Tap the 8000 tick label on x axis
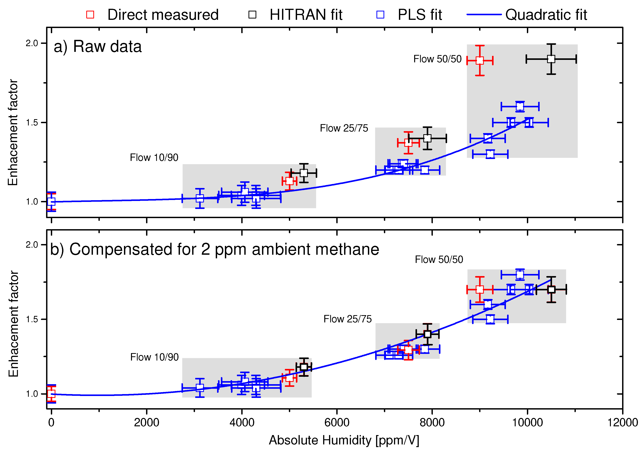[x=432, y=422]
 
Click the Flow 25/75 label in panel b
[x=347, y=319]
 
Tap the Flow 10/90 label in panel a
[x=154, y=157]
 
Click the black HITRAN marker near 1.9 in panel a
[x=551, y=59]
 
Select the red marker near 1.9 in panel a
[x=480, y=60]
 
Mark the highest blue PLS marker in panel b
[x=520, y=274]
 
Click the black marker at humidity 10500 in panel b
[x=551, y=290]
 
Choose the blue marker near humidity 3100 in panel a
[x=200, y=198]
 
